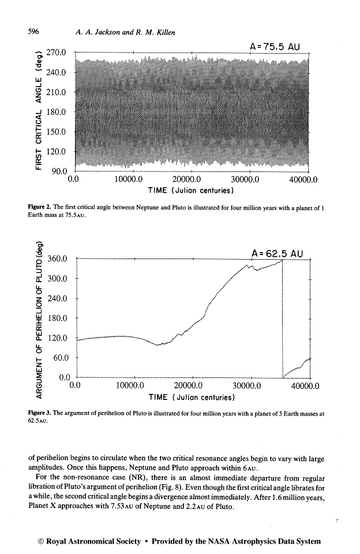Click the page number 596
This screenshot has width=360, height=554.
(x=33, y=33)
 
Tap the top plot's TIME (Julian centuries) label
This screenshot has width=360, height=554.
(x=190, y=190)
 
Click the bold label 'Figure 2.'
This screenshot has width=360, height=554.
(x=42, y=207)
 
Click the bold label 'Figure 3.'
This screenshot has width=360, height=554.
(x=42, y=414)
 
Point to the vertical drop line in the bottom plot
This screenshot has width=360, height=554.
(x=283, y=317)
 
